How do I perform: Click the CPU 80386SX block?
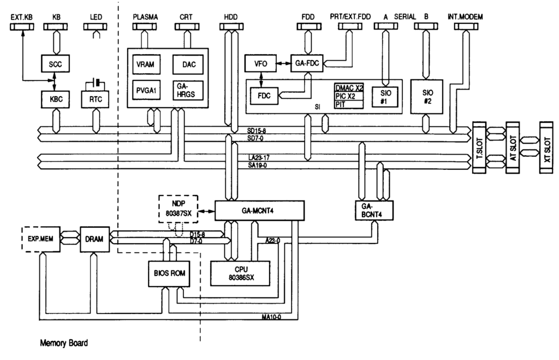[x=240, y=273]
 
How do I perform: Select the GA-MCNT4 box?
[x=259, y=210]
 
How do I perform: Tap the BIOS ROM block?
[x=169, y=273]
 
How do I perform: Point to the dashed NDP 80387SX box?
[x=179, y=209]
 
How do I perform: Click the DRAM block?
[x=94, y=239]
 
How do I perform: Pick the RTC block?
[x=95, y=99]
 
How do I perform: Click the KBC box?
[x=56, y=99]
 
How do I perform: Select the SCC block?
[x=55, y=64]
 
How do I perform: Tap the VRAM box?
[x=146, y=64]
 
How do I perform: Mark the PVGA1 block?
[x=146, y=91]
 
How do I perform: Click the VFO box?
[x=260, y=63]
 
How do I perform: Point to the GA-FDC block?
[x=307, y=63]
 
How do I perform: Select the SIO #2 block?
[x=427, y=97]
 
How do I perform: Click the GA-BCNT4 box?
[x=374, y=210]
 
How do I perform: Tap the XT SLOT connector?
[x=546, y=147]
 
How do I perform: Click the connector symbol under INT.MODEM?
[x=466, y=27]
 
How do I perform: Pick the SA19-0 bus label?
[x=258, y=165]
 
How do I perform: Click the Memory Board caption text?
[x=64, y=343]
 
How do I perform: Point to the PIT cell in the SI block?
[x=349, y=104]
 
